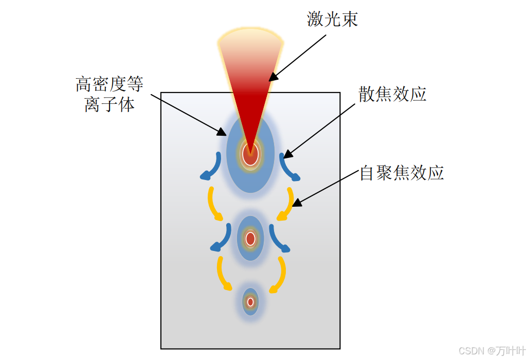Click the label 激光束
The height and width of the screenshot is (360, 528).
[332, 19]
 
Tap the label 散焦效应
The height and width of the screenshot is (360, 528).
[393, 94]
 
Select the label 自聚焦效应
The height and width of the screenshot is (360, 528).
[402, 173]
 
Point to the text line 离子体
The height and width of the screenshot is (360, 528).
[110, 104]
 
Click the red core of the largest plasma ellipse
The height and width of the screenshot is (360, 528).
[250, 155]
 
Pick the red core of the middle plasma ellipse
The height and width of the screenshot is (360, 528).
[250, 239]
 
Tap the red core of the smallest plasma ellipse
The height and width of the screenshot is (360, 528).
[250, 302]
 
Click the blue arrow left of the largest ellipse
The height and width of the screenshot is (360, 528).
[212, 168]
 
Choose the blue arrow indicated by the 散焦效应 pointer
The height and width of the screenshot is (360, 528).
[288, 168]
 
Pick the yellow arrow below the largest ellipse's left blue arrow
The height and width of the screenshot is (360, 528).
[213, 204]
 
